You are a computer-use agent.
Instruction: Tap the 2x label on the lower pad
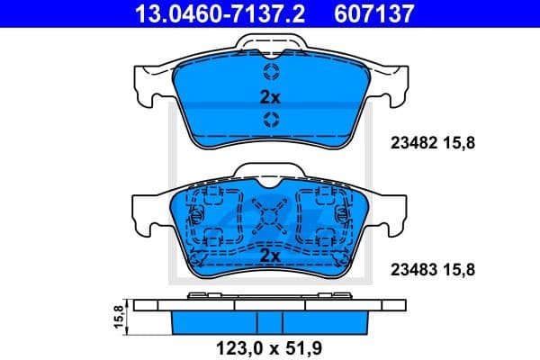coord(270,256)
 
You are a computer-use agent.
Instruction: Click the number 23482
coord(410,140)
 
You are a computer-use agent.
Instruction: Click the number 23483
coord(410,268)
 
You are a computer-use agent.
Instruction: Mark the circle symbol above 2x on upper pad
coord(270,73)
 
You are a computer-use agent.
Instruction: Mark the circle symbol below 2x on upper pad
coord(270,120)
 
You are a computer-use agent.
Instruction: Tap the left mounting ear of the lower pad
coord(148,211)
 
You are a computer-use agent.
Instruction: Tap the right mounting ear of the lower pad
coord(392,211)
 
